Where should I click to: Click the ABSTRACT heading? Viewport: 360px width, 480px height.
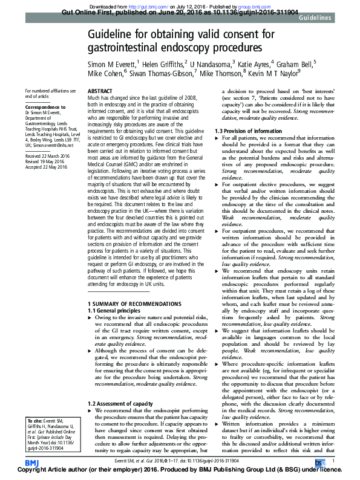(x=100, y=90)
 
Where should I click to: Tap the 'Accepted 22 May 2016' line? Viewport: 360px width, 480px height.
(x=48, y=166)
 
